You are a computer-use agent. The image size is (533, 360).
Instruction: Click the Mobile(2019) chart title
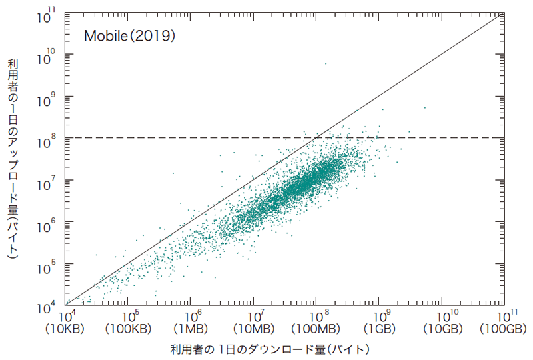129,36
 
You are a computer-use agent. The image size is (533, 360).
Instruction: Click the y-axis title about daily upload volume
13,159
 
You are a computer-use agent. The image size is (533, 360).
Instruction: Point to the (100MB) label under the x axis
316,329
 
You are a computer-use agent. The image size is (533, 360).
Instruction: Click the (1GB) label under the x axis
379,329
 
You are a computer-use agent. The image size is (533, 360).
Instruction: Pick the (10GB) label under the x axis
442,329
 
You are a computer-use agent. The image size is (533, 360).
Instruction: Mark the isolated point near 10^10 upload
325,63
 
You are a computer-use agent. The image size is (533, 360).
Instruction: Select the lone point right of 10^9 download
424,107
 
